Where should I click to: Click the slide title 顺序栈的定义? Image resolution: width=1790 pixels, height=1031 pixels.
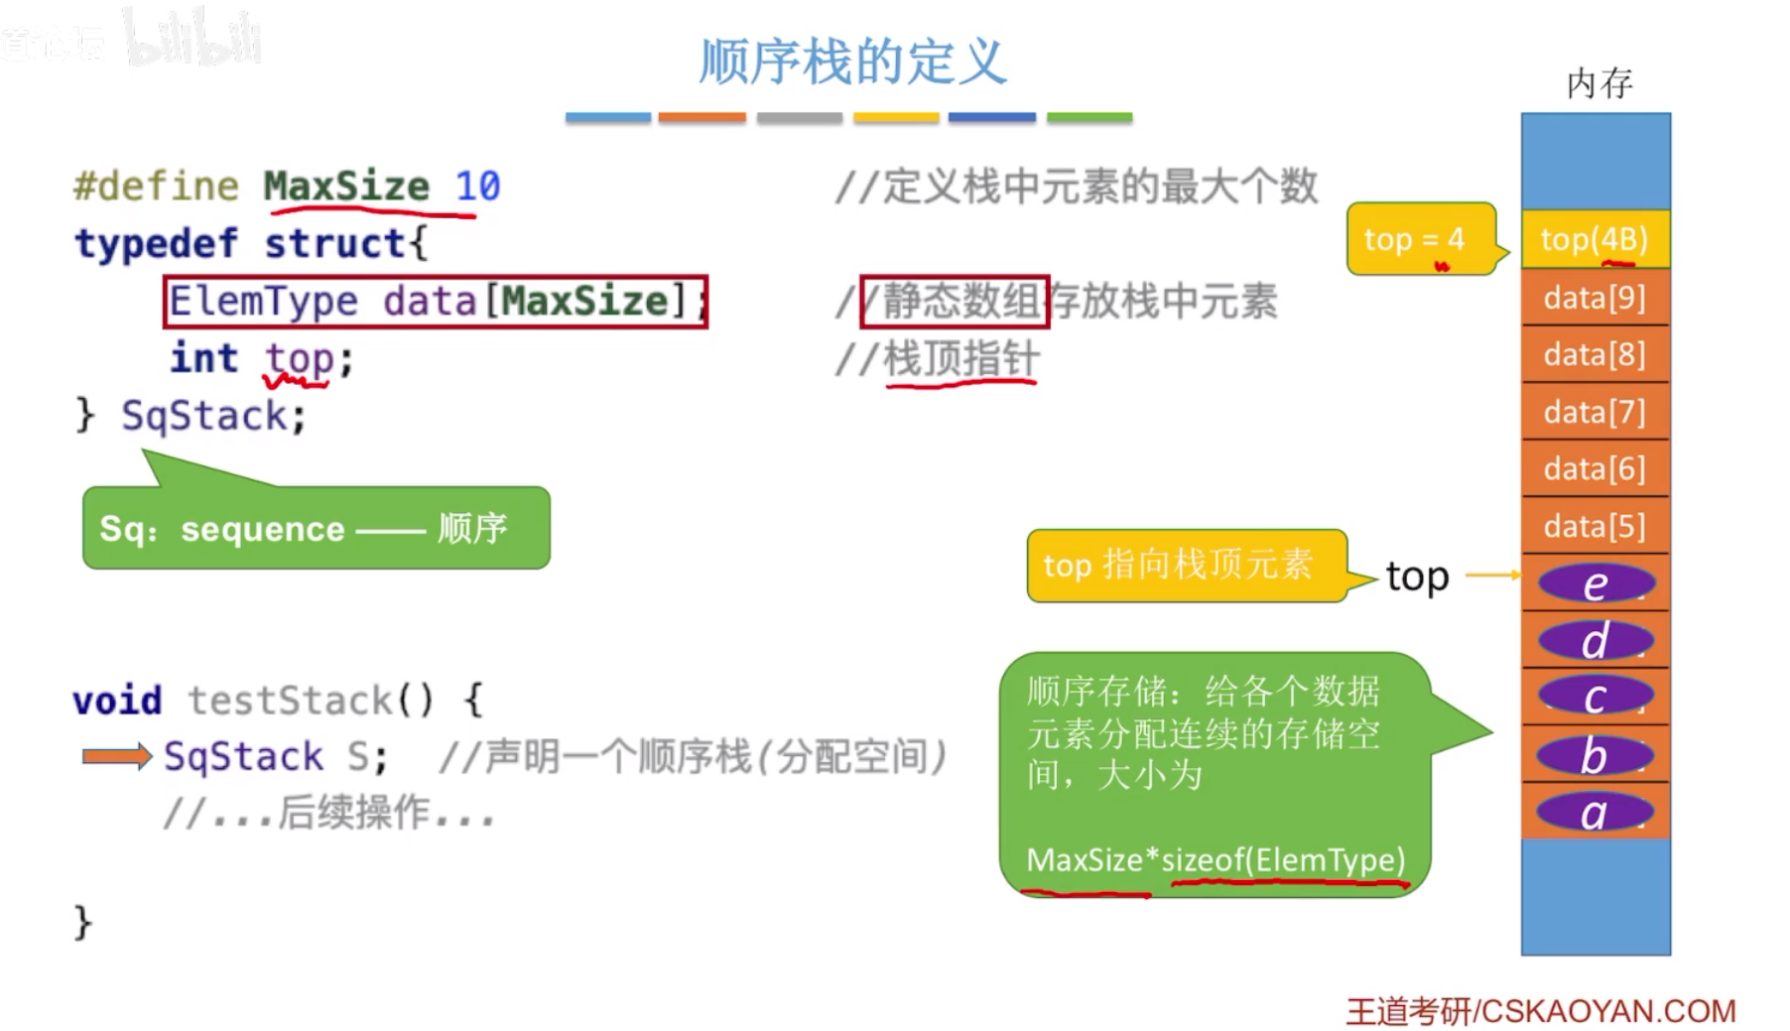click(x=852, y=62)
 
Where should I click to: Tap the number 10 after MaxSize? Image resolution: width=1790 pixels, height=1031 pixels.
click(x=477, y=186)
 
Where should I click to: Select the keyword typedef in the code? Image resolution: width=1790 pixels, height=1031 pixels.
click(x=156, y=243)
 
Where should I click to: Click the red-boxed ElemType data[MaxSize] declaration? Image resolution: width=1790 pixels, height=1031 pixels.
click(x=436, y=301)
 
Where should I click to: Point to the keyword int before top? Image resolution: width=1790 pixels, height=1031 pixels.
click(x=203, y=358)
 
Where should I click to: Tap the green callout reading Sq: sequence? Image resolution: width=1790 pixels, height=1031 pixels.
click(x=316, y=528)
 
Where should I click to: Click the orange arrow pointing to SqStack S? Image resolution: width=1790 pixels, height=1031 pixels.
click(x=116, y=756)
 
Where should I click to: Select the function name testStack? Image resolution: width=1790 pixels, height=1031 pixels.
click(x=290, y=701)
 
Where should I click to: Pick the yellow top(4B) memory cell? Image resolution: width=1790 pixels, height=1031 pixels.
click(x=1595, y=239)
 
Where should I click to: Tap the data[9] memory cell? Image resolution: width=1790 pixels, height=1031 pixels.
click(x=1595, y=298)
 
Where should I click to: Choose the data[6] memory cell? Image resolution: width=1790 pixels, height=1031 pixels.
click(x=1595, y=468)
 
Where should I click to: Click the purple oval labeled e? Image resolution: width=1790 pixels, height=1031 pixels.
click(x=1595, y=583)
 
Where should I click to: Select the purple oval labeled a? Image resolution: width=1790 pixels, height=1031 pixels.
click(x=1595, y=813)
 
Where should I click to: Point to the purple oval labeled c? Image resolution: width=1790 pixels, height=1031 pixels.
click(x=1595, y=697)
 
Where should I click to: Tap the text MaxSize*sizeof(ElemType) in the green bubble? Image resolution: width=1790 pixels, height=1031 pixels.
click(x=1215, y=859)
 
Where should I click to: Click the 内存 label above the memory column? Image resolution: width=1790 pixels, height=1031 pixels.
click(x=1598, y=83)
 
